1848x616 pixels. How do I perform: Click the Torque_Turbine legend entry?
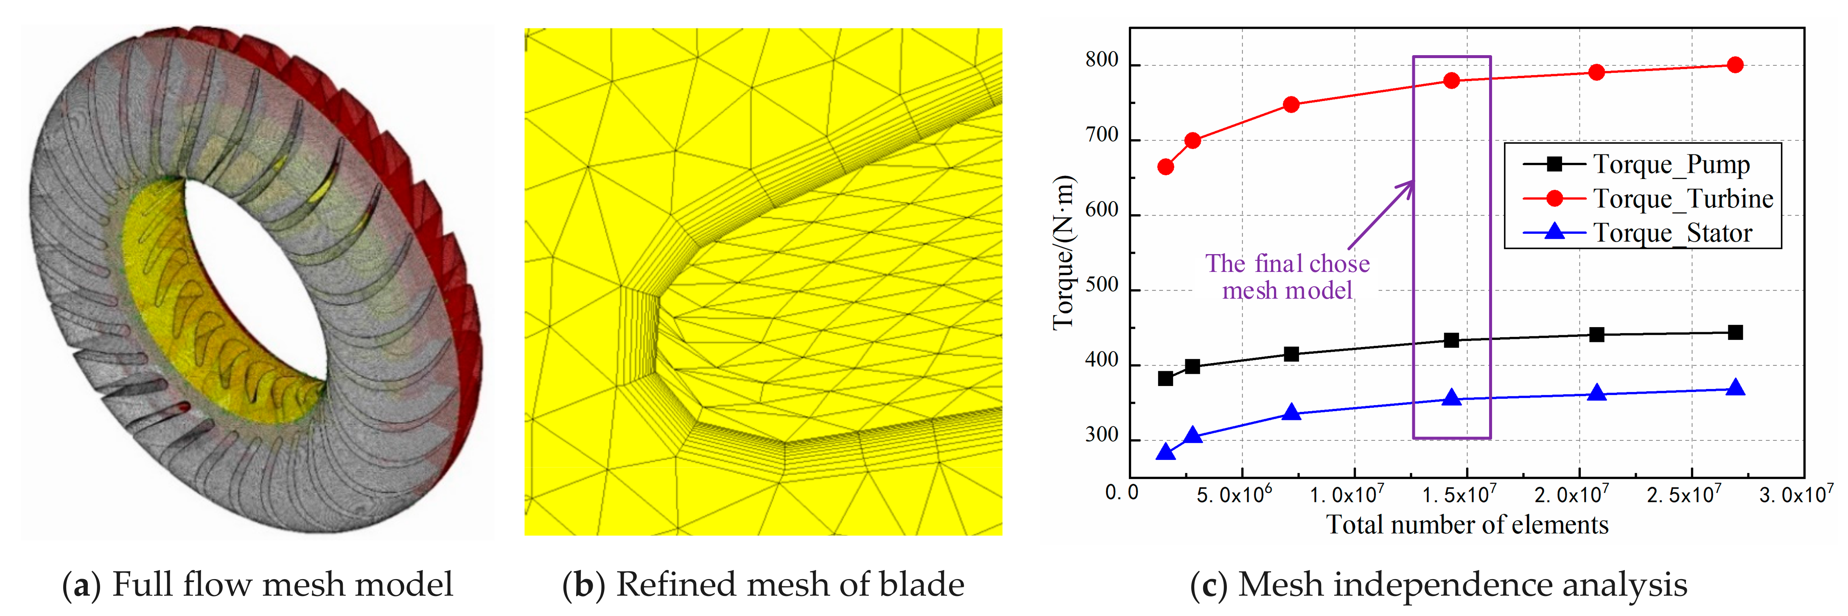pyautogui.click(x=1682, y=199)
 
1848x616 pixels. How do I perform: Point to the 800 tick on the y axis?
pyautogui.click(x=1102, y=61)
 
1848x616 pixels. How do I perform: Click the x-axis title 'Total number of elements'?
pyautogui.click(x=1467, y=525)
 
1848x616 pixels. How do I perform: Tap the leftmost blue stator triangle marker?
pyautogui.click(x=1166, y=452)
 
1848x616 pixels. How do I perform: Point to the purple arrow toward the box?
pyautogui.click(x=1381, y=215)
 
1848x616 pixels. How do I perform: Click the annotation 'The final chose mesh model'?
pyautogui.click(x=1287, y=277)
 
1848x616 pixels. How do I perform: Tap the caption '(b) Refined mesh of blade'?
pyautogui.click(x=763, y=585)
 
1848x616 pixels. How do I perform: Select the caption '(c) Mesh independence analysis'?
pyautogui.click(x=1438, y=585)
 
